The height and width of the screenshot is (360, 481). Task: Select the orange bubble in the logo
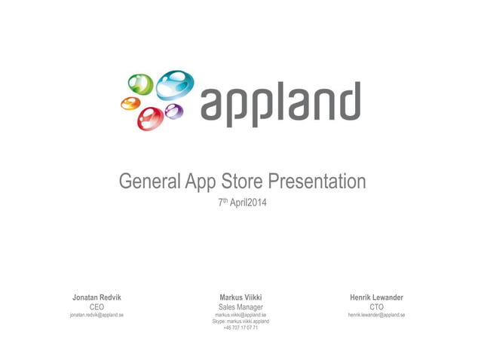131,104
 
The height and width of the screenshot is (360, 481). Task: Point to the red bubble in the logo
151,117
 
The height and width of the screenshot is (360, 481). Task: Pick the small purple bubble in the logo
174,112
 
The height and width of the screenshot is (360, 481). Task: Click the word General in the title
149,182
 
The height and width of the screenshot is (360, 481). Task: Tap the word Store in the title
241,182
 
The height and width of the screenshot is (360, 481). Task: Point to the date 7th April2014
241,203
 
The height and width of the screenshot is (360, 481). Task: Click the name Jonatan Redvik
97,297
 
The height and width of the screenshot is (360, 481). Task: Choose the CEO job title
97,307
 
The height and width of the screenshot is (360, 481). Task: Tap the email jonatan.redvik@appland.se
97,315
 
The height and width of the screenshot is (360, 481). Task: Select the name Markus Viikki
240,297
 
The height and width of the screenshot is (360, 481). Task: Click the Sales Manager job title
240,307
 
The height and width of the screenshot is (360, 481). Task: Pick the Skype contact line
240,322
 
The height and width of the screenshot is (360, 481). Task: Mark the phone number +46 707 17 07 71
240,328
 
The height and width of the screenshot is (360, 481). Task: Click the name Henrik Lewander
376,297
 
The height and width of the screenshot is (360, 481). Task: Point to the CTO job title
376,307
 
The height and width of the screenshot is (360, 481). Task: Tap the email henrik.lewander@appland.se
376,315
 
